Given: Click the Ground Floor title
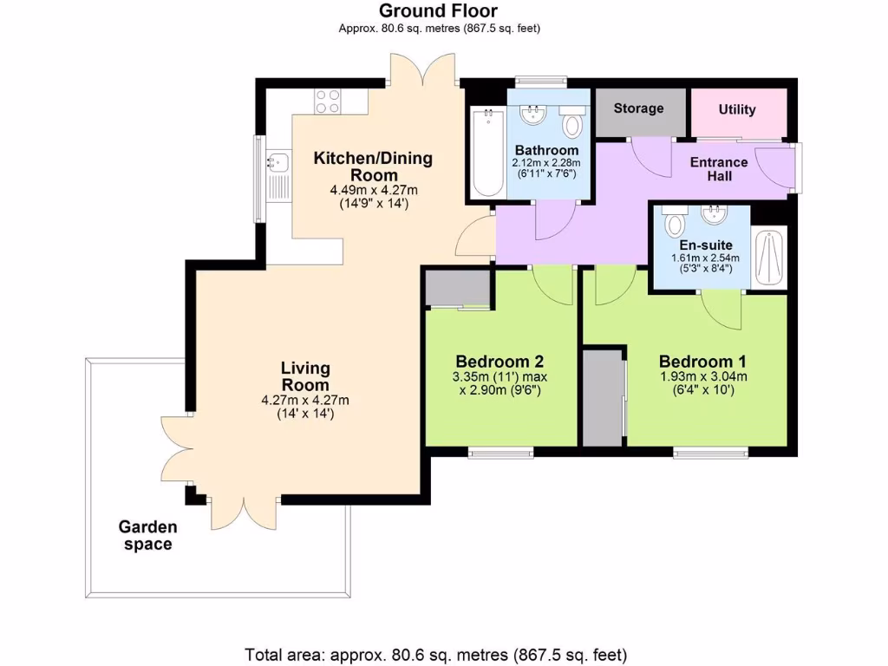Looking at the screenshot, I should coord(438,11).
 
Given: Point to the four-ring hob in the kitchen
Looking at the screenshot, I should coord(328,101).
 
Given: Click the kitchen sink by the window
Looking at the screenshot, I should coord(277,161).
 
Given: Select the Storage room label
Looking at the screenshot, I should coord(638,108).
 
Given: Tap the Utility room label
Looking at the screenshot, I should coord(737,109).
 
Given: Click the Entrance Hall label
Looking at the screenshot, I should coord(718,169).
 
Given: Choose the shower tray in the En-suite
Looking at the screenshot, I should coord(769,258).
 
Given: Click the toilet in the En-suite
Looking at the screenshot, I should coord(674,223).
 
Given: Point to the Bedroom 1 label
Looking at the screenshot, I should coord(702,362).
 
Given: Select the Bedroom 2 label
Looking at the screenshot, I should coord(499,362).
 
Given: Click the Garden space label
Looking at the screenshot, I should coord(147,536).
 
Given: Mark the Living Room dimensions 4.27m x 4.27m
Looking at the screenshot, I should coord(305,400).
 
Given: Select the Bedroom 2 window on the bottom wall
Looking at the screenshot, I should coord(501,451).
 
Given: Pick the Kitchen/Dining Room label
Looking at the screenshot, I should coord(373,166).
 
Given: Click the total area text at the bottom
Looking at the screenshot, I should coord(436,654).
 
